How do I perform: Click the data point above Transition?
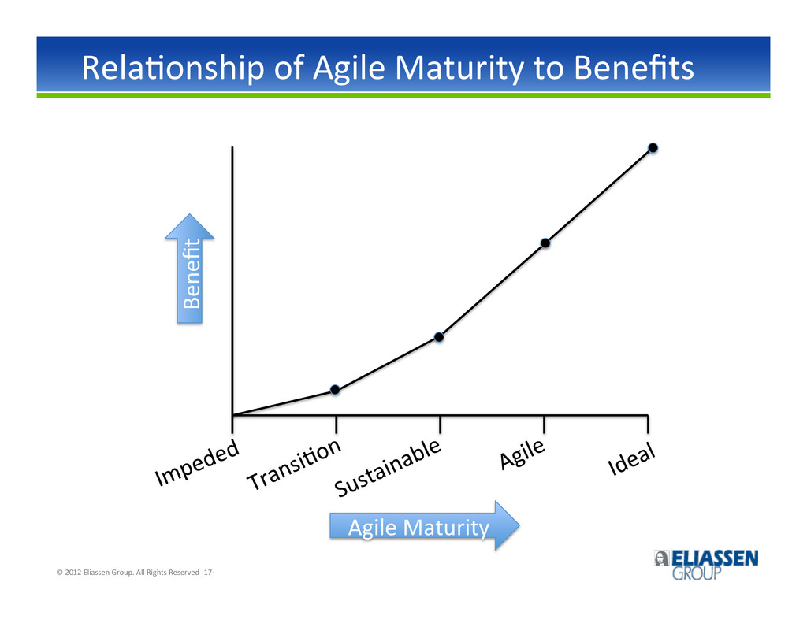click(x=335, y=389)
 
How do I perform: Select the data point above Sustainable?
click(x=439, y=337)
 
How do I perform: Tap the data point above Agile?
click(x=545, y=243)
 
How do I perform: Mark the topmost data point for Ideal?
click(x=653, y=147)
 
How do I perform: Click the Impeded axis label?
click(x=198, y=462)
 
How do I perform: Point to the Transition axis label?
click(x=295, y=464)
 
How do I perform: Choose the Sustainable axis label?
click(x=388, y=467)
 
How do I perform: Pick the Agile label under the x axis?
click(x=523, y=454)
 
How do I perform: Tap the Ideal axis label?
click(x=631, y=458)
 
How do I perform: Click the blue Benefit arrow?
click(x=189, y=269)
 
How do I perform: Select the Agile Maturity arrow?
click(x=425, y=526)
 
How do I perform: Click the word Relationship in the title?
click(x=173, y=68)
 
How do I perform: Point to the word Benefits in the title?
click(x=634, y=68)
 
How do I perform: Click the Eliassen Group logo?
click(x=706, y=565)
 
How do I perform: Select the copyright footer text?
click(x=136, y=572)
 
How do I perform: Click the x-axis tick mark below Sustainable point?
click(x=440, y=424)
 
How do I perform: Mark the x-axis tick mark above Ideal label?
click(x=648, y=424)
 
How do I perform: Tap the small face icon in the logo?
click(x=661, y=558)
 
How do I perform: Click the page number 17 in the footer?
click(x=207, y=572)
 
